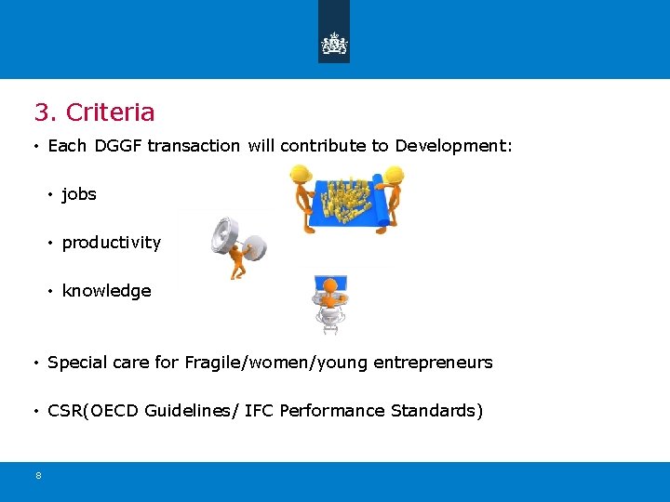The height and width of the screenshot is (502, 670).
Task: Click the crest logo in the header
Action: point(334,43)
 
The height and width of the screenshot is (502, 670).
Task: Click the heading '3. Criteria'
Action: point(94,112)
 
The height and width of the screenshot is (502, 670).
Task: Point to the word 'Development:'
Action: point(454,146)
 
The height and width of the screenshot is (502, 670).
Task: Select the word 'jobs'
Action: point(79,194)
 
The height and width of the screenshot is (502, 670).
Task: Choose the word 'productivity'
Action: point(111,243)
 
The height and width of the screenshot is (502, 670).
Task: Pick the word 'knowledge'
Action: point(106,291)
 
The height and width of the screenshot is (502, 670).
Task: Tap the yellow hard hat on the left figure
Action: point(300,174)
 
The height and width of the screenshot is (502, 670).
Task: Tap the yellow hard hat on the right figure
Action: point(394,175)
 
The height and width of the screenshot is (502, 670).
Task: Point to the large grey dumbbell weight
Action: point(223,234)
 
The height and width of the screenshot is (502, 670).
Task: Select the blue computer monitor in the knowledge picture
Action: point(331,284)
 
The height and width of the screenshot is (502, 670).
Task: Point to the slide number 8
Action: point(38,476)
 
